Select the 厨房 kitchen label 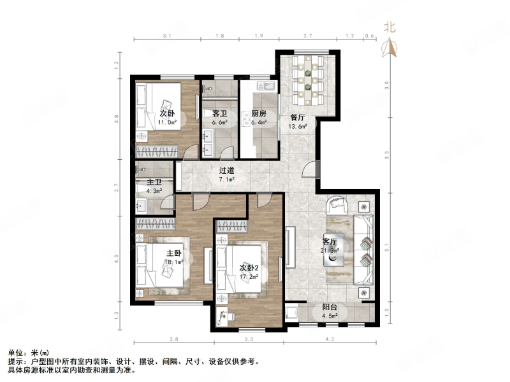point(258,115)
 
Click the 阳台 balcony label point(329,308)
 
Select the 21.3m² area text point(330,251)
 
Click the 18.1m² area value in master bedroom point(175,262)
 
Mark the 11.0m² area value point(167,124)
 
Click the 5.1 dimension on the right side point(388,242)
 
